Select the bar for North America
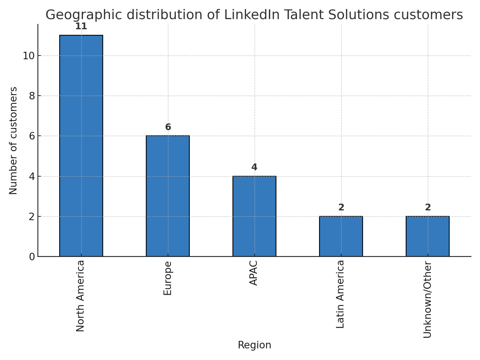[81, 146]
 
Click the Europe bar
[168, 196]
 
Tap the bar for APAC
[254, 216]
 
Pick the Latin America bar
[341, 236]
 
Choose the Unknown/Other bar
[427, 236]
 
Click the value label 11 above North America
[81, 27]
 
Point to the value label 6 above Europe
[168, 127]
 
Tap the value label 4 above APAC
[254, 168]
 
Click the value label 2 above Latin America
[341, 208]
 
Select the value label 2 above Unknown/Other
[428, 208]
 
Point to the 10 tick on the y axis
[28, 56]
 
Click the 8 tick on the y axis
[32, 96]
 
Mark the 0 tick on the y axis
[32, 257]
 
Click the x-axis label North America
[81, 296]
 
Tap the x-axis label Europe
[168, 278]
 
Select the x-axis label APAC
[254, 273]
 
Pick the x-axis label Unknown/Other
[428, 299]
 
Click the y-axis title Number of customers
[13, 141]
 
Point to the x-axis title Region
[254, 345]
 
